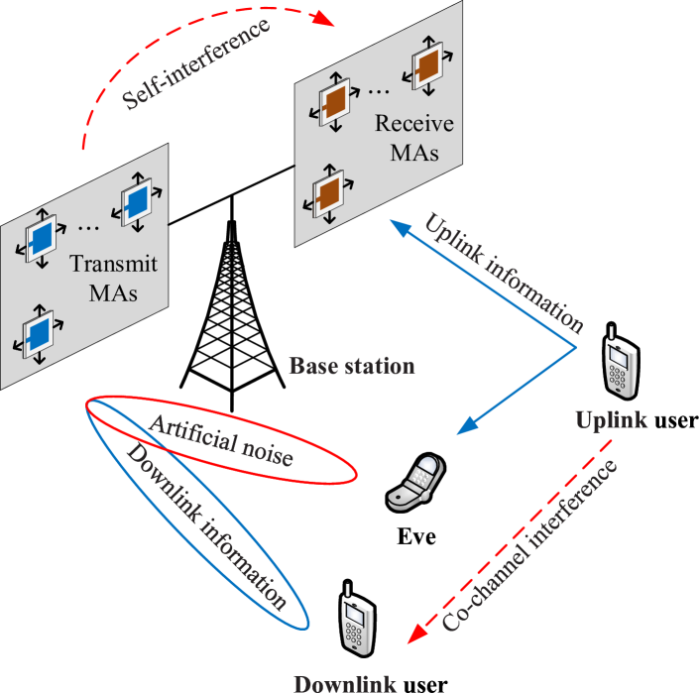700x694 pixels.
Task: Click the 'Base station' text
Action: click(351, 366)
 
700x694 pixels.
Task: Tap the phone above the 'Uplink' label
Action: click(622, 367)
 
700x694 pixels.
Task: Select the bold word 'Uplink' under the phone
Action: click(612, 420)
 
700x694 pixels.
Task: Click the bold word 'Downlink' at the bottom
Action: click(345, 683)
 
